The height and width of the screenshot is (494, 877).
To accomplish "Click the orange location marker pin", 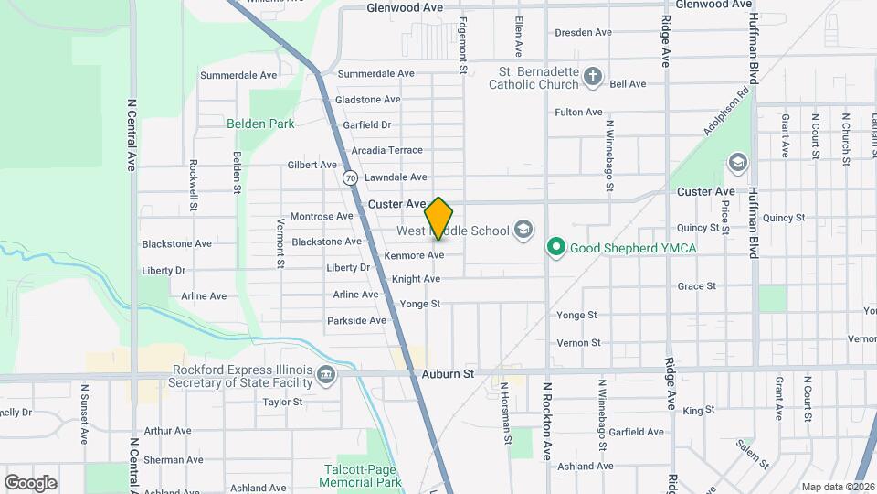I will pyautogui.click(x=439, y=218).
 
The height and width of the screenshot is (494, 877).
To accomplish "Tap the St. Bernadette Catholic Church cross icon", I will pyautogui.click(x=593, y=76).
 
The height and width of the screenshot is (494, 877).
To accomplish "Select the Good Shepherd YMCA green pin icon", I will pyautogui.click(x=555, y=247).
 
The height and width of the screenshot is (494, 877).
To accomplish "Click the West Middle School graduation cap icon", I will pyautogui.click(x=523, y=229).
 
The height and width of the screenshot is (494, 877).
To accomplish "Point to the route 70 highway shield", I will pyautogui.click(x=351, y=177).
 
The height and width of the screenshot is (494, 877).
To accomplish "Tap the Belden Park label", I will pyautogui.click(x=260, y=123).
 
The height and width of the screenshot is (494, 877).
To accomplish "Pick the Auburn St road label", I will pyautogui.click(x=449, y=374).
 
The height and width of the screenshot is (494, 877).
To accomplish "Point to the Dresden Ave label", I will pyautogui.click(x=583, y=32).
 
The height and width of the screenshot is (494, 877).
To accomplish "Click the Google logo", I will pyautogui.click(x=30, y=482).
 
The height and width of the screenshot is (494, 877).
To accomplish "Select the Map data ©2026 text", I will pyautogui.click(x=838, y=487).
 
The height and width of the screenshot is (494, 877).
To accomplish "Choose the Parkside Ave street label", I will pyautogui.click(x=356, y=320).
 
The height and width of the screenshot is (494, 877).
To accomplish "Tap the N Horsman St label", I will pyautogui.click(x=506, y=413).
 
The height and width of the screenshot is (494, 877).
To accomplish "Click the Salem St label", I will pyautogui.click(x=753, y=454).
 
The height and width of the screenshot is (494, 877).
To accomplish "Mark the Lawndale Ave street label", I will pyautogui.click(x=396, y=177).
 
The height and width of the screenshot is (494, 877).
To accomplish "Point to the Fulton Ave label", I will pyautogui.click(x=578, y=113).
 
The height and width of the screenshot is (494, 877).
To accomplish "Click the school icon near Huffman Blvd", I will pyautogui.click(x=737, y=163).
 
